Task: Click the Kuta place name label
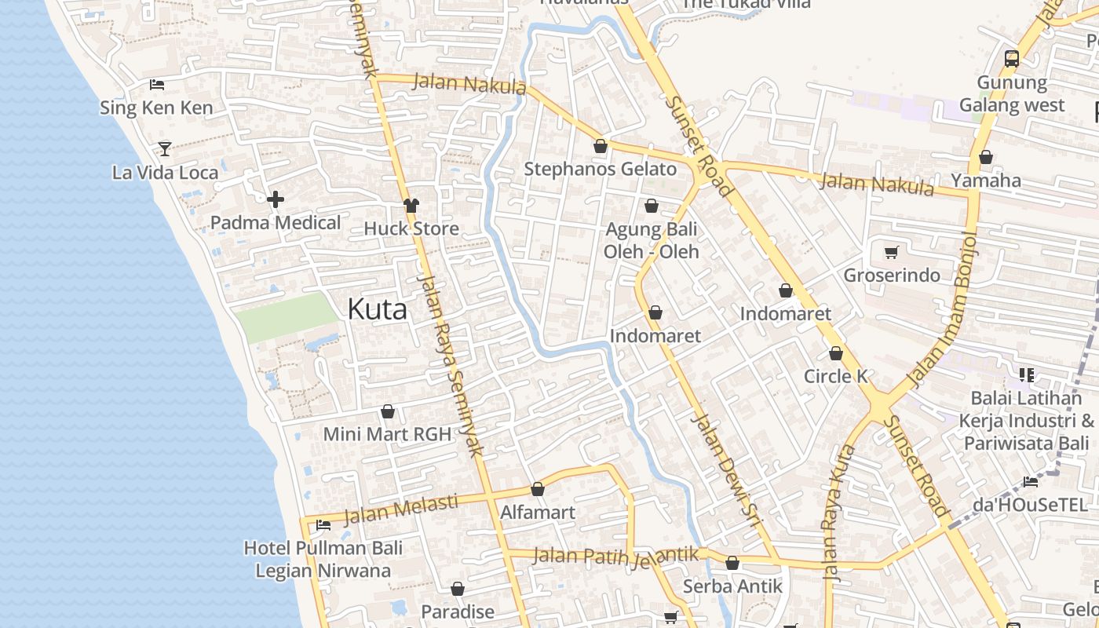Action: [x=377, y=309]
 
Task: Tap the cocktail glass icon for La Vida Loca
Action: [x=165, y=148]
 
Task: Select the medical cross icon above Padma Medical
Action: [x=276, y=199]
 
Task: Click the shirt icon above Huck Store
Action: [x=411, y=206]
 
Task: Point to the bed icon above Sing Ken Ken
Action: [x=156, y=84]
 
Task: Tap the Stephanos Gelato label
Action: [x=600, y=169]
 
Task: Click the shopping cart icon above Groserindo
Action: [x=891, y=252]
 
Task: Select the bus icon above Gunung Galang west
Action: [x=1012, y=58]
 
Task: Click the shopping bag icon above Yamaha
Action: [x=986, y=157]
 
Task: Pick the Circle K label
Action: [x=835, y=376]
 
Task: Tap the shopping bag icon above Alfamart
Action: [x=538, y=490]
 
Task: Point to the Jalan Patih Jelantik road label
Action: [x=615, y=556]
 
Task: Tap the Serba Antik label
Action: [x=732, y=586]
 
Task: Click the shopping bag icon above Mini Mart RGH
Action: [x=387, y=411]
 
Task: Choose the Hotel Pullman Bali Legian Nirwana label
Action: [x=323, y=559]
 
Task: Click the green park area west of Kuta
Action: [x=285, y=317]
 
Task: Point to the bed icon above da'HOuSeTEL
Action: [x=1030, y=481]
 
